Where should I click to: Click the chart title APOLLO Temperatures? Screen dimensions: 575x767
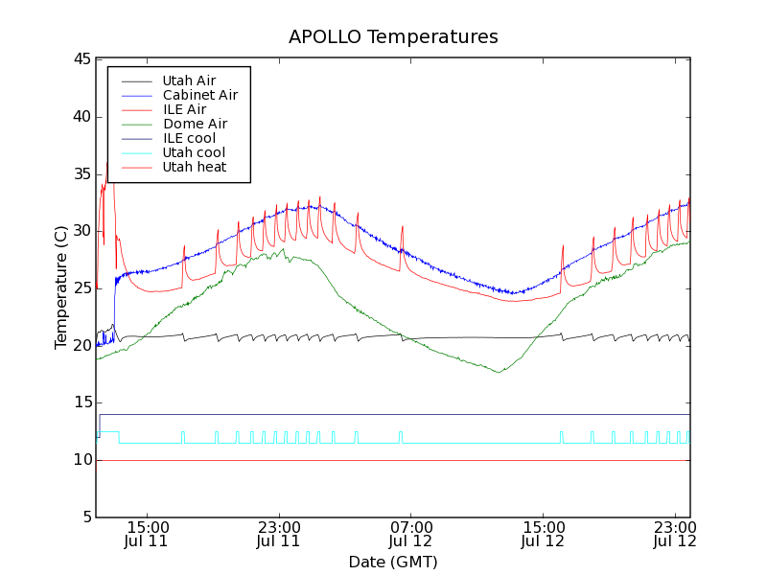[393, 37]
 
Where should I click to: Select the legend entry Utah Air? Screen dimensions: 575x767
[189, 80]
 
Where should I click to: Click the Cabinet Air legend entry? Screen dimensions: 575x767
[199, 95]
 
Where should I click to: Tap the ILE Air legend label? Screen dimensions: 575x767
[184, 109]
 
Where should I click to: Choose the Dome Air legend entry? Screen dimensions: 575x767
[195, 124]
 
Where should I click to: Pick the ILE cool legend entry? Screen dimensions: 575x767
[189, 138]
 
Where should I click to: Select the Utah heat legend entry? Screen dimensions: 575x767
[194, 167]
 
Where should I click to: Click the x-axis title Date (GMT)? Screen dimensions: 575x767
[393, 562]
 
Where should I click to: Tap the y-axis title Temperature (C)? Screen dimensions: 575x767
[60, 287]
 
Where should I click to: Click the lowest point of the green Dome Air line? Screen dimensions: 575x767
[499, 372]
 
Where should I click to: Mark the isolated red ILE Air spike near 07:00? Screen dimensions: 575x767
[403, 227]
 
